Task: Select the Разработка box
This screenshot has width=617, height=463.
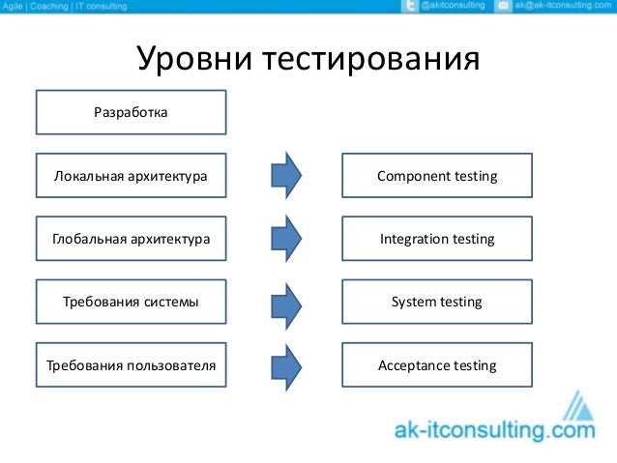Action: pyautogui.click(x=131, y=112)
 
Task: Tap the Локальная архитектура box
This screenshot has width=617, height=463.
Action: pyautogui.click(x=131, y=176)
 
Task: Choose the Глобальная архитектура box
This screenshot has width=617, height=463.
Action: pyautogui.click(x=131, y=239)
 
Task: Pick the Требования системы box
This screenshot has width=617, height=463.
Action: pyautogui.click(x=131, y=303)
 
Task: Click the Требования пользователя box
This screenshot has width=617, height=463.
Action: pyautogui.click(x=131, y=365)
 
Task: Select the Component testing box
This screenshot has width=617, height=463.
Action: pyautogui.click(x=437, y=176)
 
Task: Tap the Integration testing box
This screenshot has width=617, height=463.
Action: pyautogui.click(x=437, y=239)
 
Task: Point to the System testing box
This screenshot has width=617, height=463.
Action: pyautogui.click(x=437, y=303)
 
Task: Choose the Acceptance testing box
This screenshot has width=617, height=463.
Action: pyautogui.click(x=437, y=365)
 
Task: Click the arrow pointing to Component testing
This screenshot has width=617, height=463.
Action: pyautogui.click(x=285, y=176)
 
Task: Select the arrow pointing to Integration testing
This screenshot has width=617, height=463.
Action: pyautogui.click(x=285, y=239)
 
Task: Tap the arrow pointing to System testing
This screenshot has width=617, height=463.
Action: pyautogui.click(x=285, y=303)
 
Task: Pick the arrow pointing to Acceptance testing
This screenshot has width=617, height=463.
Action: pyautogui.click(x=285, y=365)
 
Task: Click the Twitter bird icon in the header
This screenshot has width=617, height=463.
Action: pyautogui.click(x=408, y=7)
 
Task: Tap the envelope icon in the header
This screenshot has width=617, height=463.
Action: pyautogui.click(x=502, y=7)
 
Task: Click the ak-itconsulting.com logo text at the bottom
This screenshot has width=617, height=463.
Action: pyautogui.click(x=494, y=429)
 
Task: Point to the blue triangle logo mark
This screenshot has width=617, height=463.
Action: pyautogui.click(x=581, y=406)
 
